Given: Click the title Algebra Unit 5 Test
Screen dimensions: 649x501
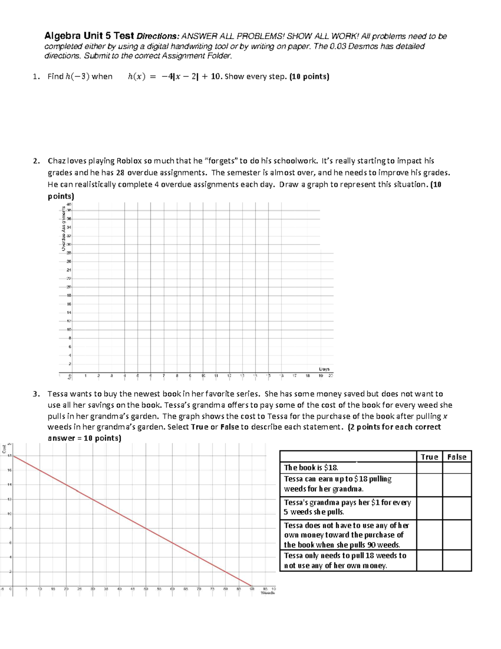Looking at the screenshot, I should [89, 36].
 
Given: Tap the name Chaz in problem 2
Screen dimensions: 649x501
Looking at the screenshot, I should [57, 161].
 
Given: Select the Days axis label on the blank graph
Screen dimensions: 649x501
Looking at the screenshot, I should [324, 369].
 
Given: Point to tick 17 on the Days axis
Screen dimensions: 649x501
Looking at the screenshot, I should [294, 376].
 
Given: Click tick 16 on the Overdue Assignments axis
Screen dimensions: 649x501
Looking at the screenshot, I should [69, 304].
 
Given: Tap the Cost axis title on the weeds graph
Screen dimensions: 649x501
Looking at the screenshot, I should [4, 450].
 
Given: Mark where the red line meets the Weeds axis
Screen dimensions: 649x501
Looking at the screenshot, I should [252, 585].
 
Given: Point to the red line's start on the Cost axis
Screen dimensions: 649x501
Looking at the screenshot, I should [13, 456].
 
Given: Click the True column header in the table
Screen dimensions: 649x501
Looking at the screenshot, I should [429, 457].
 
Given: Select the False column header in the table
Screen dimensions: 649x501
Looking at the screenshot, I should [456, 457].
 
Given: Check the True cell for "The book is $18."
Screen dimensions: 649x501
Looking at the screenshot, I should [429, 468].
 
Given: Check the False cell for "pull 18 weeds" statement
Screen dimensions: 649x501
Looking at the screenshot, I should [456, 560].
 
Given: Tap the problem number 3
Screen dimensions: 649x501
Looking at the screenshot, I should [36, 394].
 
